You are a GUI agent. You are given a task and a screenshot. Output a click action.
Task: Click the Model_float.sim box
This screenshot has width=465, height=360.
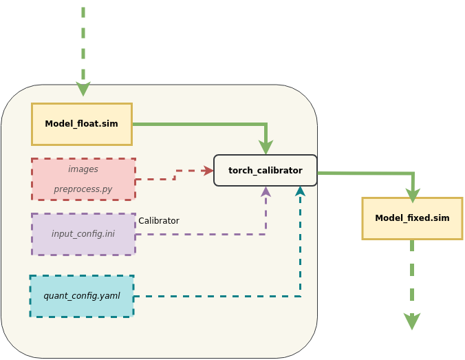click(x=81, y=124)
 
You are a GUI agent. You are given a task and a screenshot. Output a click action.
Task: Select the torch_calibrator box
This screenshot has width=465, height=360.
click(x=265, y=170)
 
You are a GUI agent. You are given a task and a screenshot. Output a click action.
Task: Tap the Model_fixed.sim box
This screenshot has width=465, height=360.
click(x=412, y=218)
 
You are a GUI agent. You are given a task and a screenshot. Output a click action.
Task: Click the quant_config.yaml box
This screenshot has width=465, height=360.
click(x=81, y=296)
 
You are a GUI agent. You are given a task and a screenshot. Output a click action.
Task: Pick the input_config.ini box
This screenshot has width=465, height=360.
click(x=83, y=234)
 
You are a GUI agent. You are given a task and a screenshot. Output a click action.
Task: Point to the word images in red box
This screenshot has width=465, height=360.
click(x=83, y=169)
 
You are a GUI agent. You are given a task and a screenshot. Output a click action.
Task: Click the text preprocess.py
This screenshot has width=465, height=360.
click(x=83, y=189)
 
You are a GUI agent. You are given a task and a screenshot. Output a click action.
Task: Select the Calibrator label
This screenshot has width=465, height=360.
click(x=159, y=221)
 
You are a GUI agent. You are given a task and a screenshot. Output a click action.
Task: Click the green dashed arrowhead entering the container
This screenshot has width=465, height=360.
click(x=83, y=90)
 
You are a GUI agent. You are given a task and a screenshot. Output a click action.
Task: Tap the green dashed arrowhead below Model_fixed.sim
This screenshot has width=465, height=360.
click(x=412, y=322)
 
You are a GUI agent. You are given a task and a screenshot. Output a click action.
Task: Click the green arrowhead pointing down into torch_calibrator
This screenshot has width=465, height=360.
click(x=266, y=148)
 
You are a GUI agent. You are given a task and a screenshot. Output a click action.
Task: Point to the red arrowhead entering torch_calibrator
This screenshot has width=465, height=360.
click(x=208, y=171)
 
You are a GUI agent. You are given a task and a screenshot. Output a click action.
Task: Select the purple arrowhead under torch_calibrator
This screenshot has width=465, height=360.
click(x=266, y=191)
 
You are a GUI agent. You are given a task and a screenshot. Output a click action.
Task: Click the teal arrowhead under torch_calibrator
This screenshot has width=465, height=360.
click(x=300, y=191)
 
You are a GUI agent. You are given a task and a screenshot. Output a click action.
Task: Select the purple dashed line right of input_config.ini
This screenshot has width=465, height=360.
click(x=199, y=235)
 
